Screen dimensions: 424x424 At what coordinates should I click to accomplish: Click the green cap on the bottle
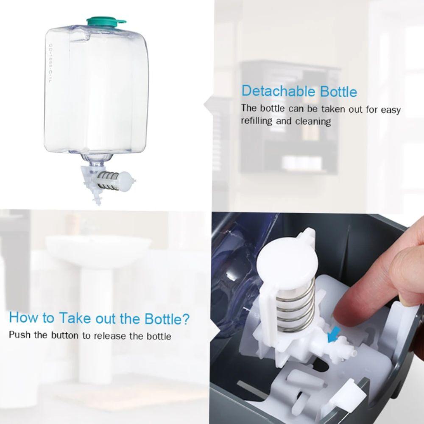click(x=104, y=20)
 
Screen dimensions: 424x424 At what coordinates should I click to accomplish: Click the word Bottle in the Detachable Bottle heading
click(x=339, y=91)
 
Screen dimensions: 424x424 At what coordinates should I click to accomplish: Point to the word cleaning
click(x=313, y=121)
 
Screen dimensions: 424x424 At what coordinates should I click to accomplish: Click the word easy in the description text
click(x=391, y=109)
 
